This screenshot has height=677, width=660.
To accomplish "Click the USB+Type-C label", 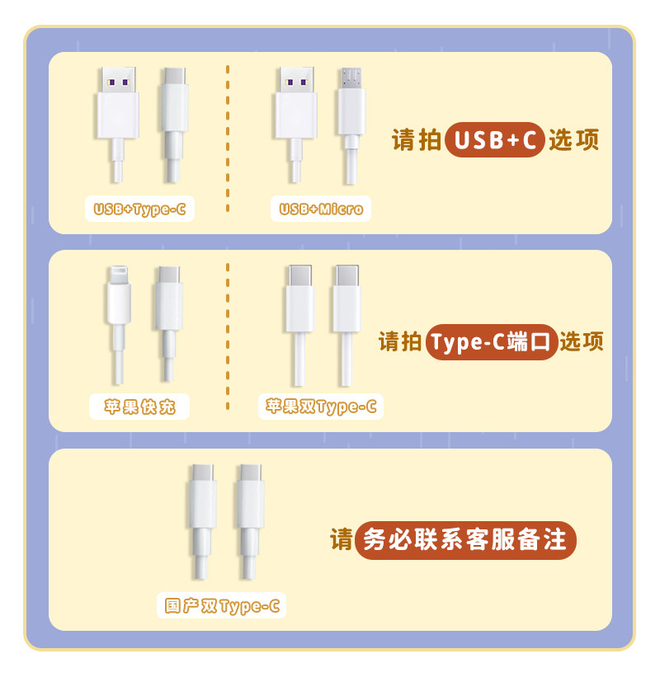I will click(139, 209).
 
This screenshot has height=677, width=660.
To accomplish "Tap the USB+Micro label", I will click(321, 209).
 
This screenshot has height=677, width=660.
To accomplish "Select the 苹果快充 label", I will click(139, 407).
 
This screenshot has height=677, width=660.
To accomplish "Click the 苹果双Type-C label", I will click(321, 407).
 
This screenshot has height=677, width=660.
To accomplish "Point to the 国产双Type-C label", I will click(222, 607).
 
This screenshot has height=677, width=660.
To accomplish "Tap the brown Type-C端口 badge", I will click(492, 341).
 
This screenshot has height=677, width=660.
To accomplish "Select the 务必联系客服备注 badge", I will click(465, 541).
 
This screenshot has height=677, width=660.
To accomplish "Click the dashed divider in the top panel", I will click(228, 140).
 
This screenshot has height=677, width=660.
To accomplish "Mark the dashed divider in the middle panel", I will click(228, 338).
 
